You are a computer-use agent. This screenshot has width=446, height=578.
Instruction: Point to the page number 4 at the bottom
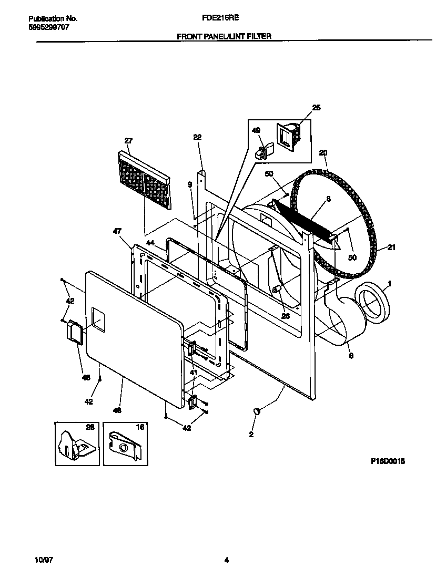pyautogui.click(x=226, y=560)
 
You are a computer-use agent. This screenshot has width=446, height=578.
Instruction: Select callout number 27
pyautogui.click(x=128, y=141)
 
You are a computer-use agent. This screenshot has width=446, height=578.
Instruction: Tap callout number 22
pyautogui.click(x=197, y=137)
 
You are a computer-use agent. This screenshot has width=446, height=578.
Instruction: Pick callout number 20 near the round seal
pyautogui.click(x=323, y=153)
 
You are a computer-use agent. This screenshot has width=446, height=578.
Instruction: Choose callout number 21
pyautogui.click(x=391, y=247)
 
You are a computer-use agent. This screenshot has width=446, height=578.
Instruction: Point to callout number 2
pyautogui.click(x=251, y=434)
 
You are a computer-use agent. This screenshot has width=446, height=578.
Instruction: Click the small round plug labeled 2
pyautogui.click(x=257, y=412)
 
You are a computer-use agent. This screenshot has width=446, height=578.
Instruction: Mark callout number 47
pyautogui.click(x=117, y=231)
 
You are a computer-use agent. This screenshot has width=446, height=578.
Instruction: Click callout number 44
pyautogui.click(x=150, y=242)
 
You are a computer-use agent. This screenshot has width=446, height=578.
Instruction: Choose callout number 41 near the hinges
pyautogui.click(x=193, y=373)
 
